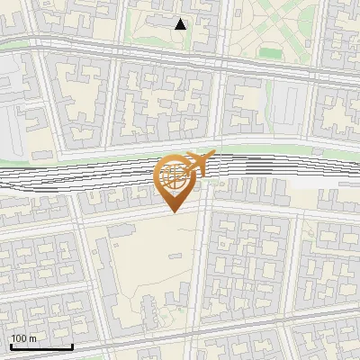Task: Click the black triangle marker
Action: coord(181,24)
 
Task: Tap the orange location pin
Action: coord(175,180)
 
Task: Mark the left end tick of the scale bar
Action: coord(11,346)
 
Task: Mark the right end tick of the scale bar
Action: coord(73,346)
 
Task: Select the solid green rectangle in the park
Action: coord(270,52)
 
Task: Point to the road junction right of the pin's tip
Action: coord(203,212)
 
